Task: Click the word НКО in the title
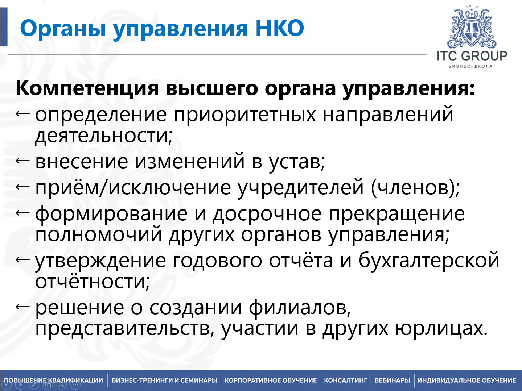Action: coord(280,28)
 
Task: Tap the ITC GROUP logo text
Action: coord(472,56)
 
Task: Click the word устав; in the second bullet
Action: coord(297,162)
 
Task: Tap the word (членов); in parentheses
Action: coord(415,188)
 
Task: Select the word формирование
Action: coord(111,214)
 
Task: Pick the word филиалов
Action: coord(300,307)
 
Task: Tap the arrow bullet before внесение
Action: coord(23,161)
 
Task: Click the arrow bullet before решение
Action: coord(23,307)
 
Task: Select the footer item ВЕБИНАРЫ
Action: coord(392,380)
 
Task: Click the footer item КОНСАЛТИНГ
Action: coord(346,380)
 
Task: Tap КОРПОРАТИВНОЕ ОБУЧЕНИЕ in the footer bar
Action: coord(271,380)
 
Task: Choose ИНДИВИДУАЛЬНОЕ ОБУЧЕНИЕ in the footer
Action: coord(467,380)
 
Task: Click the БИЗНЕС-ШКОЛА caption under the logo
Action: coord(470,66)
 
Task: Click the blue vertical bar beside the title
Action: coord(4,27)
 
